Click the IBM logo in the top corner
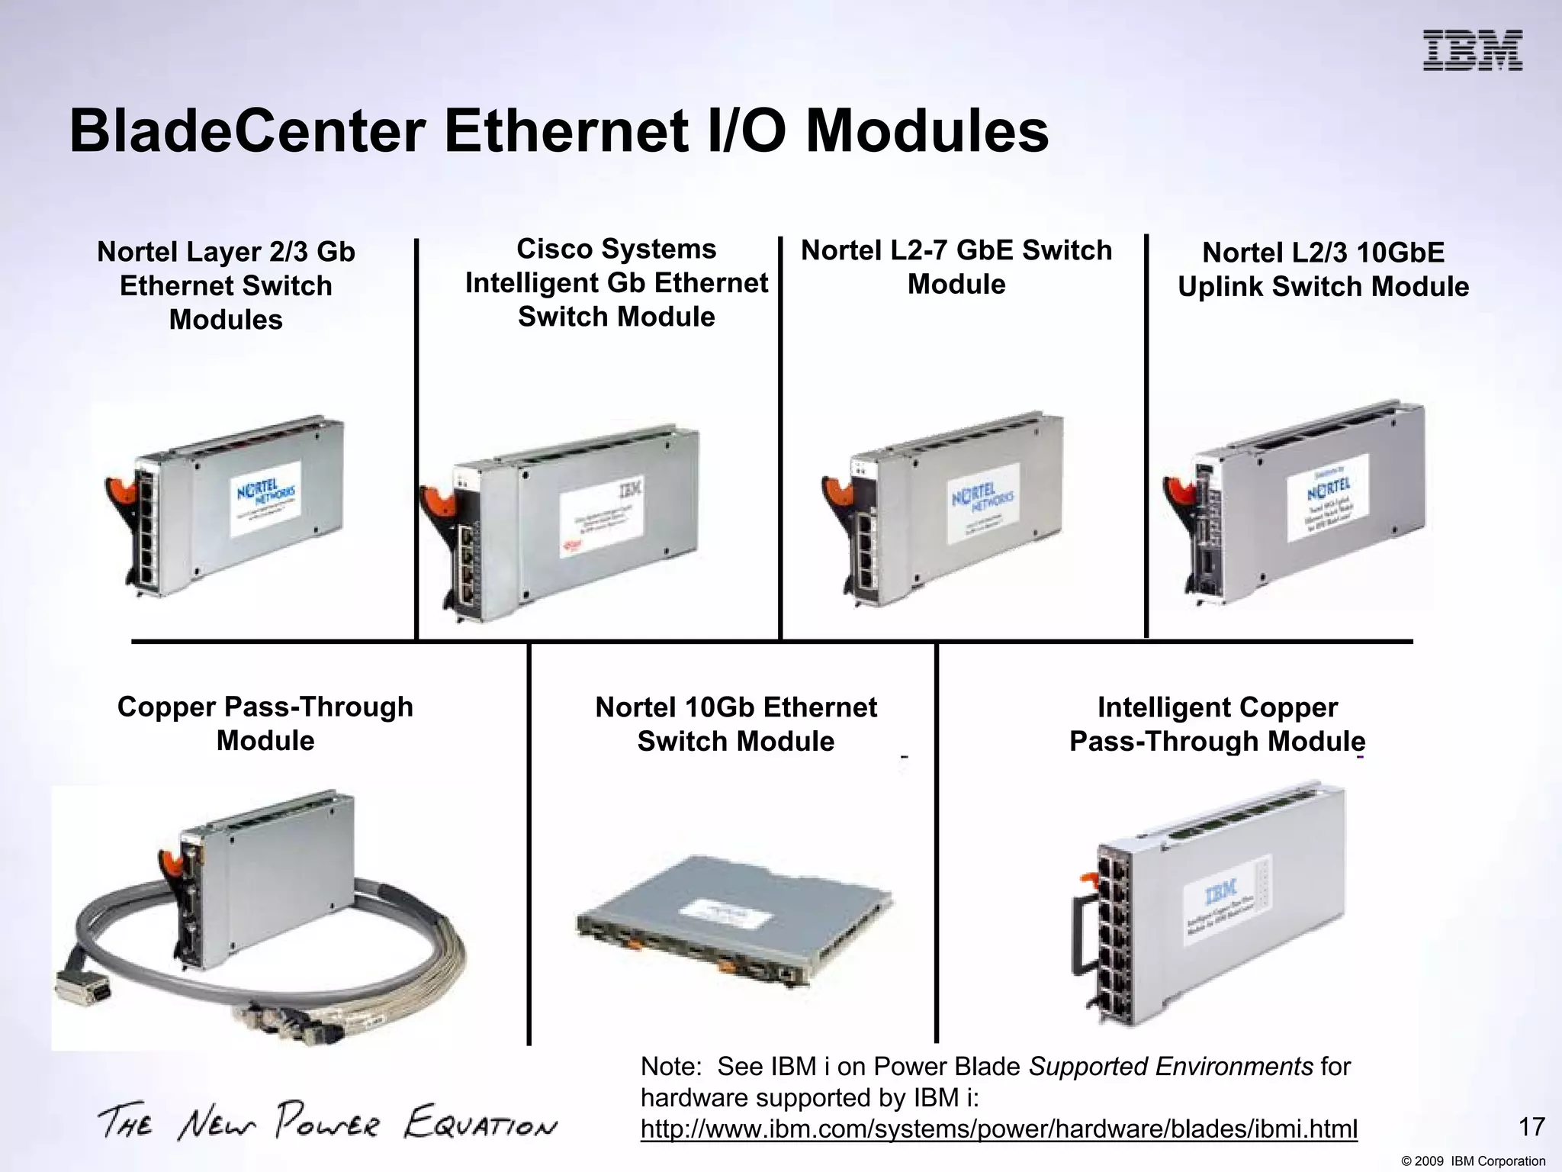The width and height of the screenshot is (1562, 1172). [x=1472, y=50]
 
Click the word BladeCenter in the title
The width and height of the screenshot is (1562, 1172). [x=247, y=131]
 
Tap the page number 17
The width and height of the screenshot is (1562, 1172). [x=1531, y=1127]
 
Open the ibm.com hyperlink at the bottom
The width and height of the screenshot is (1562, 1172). [x=998, y=1129]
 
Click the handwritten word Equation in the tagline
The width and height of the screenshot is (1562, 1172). [x=480, y=1122]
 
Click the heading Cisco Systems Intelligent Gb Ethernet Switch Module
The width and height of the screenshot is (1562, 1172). [x=616, y=282]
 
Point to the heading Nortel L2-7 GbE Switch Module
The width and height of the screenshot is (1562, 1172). [x=956, y=267]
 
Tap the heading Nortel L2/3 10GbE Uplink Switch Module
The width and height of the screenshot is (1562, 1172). [x=1323, y=269]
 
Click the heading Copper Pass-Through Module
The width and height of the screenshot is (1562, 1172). [x=265, y=723]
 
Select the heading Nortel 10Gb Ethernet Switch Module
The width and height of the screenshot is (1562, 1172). [x=735, y=724]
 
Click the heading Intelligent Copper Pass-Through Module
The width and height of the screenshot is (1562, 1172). [x=1216, y=724]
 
